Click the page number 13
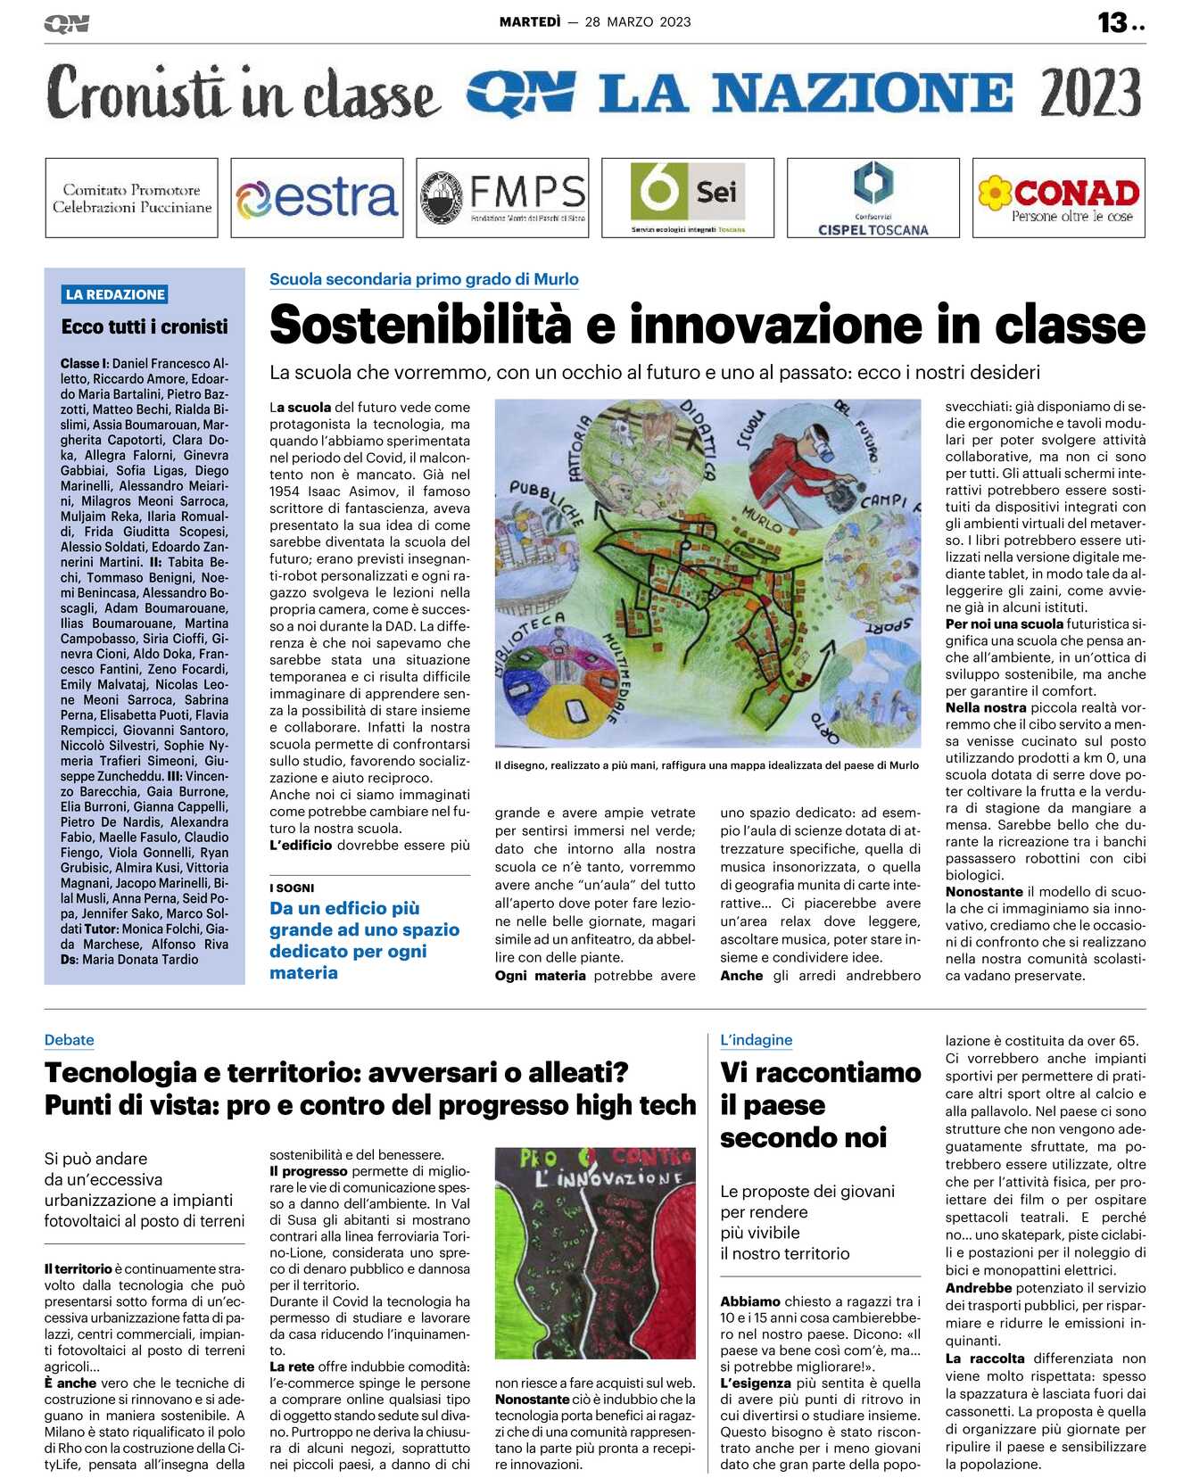pos(1112,22)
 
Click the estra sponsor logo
pos(317,198)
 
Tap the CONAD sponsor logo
pos(1059,198)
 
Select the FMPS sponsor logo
pos(502,198)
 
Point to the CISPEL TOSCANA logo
pos(873,198)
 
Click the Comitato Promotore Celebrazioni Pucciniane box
pos(132,198)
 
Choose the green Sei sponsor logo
pos(688,198)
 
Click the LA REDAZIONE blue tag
pos(115,294)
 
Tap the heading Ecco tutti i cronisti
pos(145,326)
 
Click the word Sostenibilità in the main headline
pos(420,326)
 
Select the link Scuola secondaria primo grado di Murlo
pos(424,279)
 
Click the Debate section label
pos(70,1040)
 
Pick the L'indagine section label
pos(756,1040)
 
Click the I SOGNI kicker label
pos(292,888)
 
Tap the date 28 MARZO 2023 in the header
pos(638,22)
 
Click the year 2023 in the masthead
pos(1090,94)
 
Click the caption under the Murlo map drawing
pos(707,765)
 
